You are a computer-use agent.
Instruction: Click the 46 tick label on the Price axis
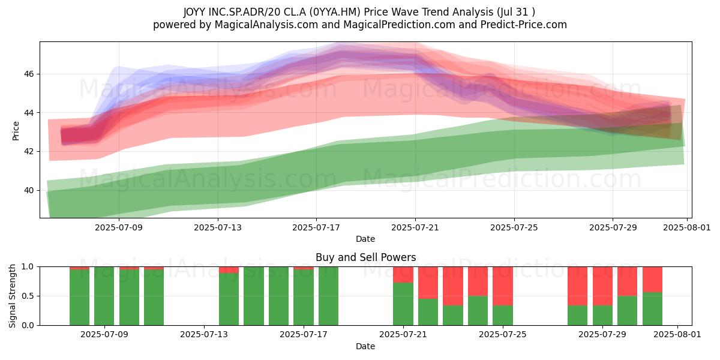tap(28, 74)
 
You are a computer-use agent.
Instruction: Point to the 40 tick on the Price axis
tap(28, 191)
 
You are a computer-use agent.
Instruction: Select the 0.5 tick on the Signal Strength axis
tap(28, 296)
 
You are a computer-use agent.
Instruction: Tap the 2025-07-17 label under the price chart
tap(316, 227)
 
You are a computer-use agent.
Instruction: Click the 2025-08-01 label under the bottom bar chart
tap(677, 335)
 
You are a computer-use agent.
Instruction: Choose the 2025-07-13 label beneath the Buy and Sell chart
tap(204, 335)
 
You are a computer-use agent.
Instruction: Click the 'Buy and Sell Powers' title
tap(365, 257)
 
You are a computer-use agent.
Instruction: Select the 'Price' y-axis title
tap(16, 131)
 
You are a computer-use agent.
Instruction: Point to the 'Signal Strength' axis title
tap(12, 296)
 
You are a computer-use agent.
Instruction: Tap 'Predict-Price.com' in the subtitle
tap(524, 25)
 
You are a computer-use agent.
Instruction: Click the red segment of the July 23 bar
tap(453, 286)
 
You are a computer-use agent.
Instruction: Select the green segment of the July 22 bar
tap(428, 312)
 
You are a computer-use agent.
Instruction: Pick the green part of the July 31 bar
tap(653, 309)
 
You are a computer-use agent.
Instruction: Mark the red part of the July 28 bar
tap(578, 286)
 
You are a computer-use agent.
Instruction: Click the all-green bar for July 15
tap(254, 296)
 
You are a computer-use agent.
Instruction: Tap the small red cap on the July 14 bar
tap(229, 270)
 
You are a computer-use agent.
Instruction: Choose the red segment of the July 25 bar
tap(503, 286)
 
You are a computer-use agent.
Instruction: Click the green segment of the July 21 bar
tap(403, 304)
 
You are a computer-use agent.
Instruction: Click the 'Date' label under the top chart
tap(365, 239)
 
